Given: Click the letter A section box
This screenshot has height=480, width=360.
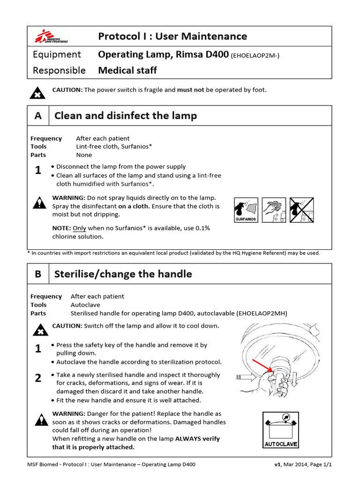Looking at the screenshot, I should pyautogui.click(x=38, y=115).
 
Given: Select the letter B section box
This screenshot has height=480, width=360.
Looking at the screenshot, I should pyautogui.click(x=38, y=274).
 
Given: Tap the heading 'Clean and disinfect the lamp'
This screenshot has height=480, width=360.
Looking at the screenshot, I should pyautogui.click(x=126, y=115).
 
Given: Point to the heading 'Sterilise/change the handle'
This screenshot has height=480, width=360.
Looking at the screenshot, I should pyautogui.click(x=123, y=274).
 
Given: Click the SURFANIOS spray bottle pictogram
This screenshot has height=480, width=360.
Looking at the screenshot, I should pyautogui.click(x=246, y=210).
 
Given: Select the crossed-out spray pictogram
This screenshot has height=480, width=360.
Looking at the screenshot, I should pyautogui.click(x=301, y=210).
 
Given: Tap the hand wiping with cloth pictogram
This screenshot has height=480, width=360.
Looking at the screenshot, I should pyautogui.click(x=273, y=210).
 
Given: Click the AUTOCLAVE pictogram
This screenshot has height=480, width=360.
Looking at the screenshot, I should pyautogui.click(x=281, y=430).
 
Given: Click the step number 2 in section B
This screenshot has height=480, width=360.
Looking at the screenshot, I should pyautogui.click(x=38, y=378).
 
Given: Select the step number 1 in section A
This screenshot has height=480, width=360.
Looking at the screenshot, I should pyautogui.click(x=38, y=171).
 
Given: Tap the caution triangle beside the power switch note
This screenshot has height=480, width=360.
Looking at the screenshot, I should pyautogui.click(x=37, y=93).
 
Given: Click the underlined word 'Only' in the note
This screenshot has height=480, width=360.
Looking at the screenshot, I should pyautogui.click(x=80, y=228).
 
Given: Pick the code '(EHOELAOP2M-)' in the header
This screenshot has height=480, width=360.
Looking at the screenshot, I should pyautogui.click(x=255, y=55).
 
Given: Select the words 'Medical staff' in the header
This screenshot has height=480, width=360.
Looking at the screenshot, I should pyautogui.click(x=127, y=70).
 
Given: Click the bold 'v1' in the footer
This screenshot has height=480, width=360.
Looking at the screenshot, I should pyautogui.click(x=277, y=465).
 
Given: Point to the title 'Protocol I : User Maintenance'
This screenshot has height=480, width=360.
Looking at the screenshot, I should pyautogui.click(x=172, y=36).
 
